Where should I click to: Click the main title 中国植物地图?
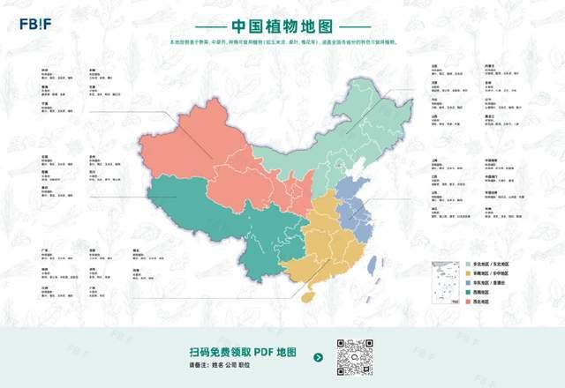282,26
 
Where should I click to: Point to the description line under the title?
282,41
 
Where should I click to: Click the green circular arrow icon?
319,358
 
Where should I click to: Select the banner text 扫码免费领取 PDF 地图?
243,351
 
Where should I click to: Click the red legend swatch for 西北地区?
469,302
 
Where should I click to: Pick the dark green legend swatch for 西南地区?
469,292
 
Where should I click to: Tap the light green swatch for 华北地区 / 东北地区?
469,264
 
